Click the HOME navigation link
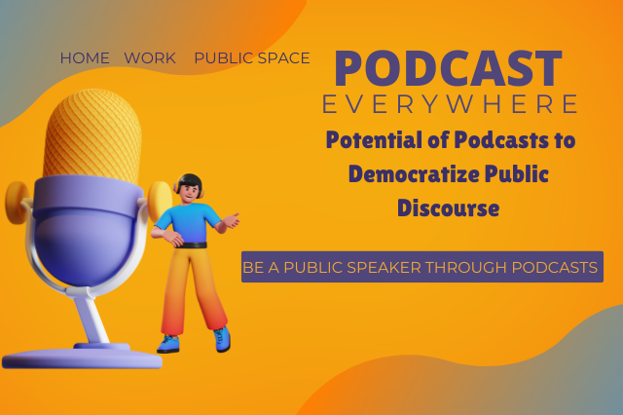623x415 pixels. [x=85, y=58]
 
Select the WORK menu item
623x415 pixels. [x=150, y=58]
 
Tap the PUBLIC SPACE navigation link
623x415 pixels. [x=252, y=58]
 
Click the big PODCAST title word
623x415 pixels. [x=448, y=68]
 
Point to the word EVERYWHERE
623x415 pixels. [x=450, y=104]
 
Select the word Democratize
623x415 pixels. [x=414, y=174]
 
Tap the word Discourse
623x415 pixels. [x=448, y=208]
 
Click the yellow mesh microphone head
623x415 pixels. [x=92, y=135]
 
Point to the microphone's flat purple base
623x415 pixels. [x=82, y=358]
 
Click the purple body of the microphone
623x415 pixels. [x=86, y=231]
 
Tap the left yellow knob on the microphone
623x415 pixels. [x=17, y=203]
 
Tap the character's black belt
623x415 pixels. [x=192, y=245]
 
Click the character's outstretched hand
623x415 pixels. [x=232, y=220]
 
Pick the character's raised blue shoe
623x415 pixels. [x=223, y=339]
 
